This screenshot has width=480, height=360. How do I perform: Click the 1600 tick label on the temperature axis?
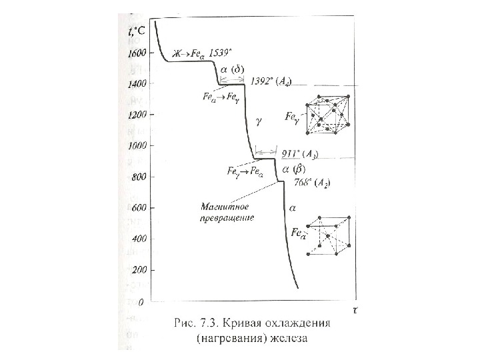pos(135,53)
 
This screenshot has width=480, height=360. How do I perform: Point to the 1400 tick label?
pos(135,84)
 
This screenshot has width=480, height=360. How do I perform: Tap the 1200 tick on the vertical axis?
pos(135,115)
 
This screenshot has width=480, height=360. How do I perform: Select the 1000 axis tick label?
pos(135,145)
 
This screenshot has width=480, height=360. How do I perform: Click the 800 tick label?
pos(137,177)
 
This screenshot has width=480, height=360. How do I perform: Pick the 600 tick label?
pos(137,208)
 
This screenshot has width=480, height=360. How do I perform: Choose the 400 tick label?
pos(137,239)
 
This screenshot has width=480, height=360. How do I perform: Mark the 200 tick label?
pos(137,270)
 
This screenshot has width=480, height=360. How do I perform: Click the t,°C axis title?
pos(137,29)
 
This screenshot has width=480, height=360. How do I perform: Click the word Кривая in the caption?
pos(237,323)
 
